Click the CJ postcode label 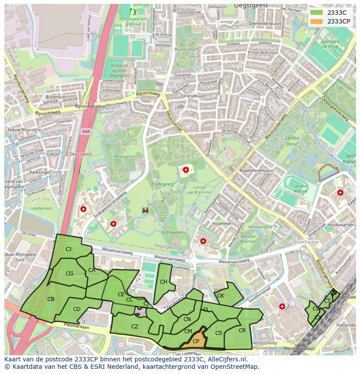68,249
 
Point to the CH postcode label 163,282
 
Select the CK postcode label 220,296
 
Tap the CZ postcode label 135,327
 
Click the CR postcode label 242,331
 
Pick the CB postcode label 51,299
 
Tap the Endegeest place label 162,184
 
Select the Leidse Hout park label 292,141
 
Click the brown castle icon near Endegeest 145,210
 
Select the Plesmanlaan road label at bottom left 76,326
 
